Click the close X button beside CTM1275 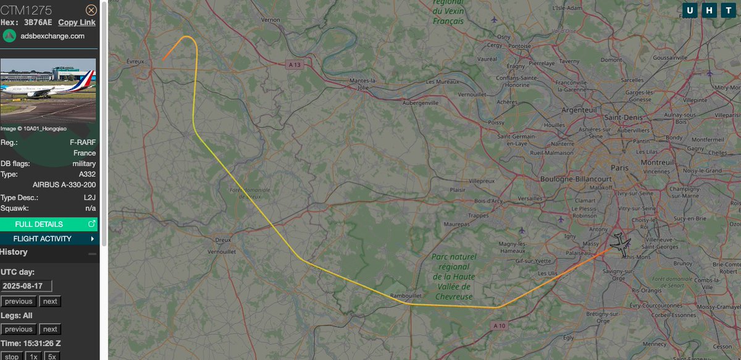91,10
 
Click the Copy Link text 77,23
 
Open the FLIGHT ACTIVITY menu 49,238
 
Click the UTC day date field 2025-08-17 27,286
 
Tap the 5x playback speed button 52,356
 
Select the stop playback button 13,356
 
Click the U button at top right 690,10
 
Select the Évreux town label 135,61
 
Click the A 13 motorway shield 293,64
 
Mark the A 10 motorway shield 500,325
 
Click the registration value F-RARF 83,143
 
